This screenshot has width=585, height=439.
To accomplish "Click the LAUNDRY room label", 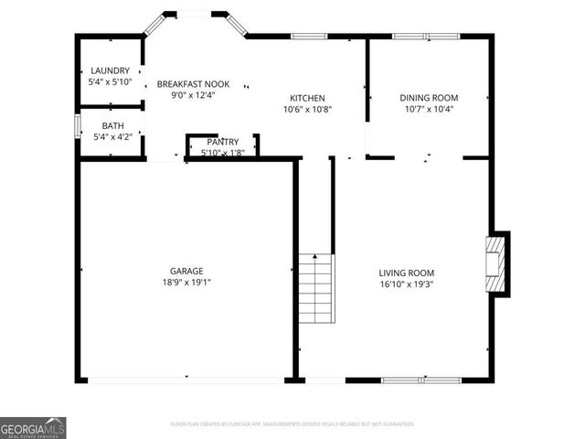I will coord(110,70).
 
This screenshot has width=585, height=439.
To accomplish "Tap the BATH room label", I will coord(112,125).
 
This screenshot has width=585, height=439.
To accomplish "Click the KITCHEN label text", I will coord(307,98).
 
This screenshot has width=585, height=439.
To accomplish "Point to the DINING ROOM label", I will coord(429,98).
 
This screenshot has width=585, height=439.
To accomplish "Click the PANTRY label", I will coord(222,142).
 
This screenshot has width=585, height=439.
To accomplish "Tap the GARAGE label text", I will coord(186,271).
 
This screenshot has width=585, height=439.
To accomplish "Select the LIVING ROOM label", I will coord(407,273).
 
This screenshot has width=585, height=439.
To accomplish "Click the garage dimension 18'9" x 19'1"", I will coord(186,283).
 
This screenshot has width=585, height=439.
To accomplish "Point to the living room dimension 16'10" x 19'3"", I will coord(407,284).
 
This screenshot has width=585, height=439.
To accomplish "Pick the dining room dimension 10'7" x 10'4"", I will coord(429,109).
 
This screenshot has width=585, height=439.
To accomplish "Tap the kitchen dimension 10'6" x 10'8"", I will coord(307,109).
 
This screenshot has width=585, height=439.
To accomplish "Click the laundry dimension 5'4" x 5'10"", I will coord(110,81).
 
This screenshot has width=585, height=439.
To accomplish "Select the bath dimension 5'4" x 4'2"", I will coord(112,136).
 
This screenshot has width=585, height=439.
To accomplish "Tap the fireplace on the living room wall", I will coord(495,263).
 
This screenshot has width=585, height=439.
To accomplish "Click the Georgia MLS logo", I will coord(33,428).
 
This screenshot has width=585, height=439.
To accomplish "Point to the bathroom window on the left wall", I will coord(77,125).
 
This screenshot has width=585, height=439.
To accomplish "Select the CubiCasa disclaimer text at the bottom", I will coord(292,424).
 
